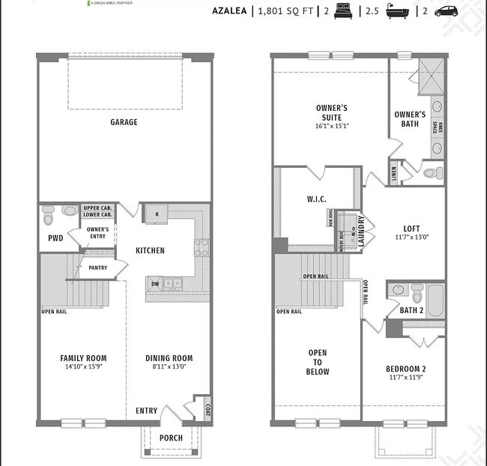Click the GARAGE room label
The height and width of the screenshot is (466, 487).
124,122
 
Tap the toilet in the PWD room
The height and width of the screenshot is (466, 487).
49,216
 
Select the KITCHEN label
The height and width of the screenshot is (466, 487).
150,250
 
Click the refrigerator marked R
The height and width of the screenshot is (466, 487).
156,214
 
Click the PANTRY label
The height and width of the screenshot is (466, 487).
97,267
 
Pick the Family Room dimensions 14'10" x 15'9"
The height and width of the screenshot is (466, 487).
82,367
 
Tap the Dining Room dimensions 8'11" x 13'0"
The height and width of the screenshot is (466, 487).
169,367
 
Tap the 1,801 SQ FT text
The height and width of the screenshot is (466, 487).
287,11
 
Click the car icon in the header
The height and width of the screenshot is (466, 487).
445,11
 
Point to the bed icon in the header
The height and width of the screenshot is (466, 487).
345,11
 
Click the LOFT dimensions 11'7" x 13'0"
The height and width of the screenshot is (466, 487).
411,237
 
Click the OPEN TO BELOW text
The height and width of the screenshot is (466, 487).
318,361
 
